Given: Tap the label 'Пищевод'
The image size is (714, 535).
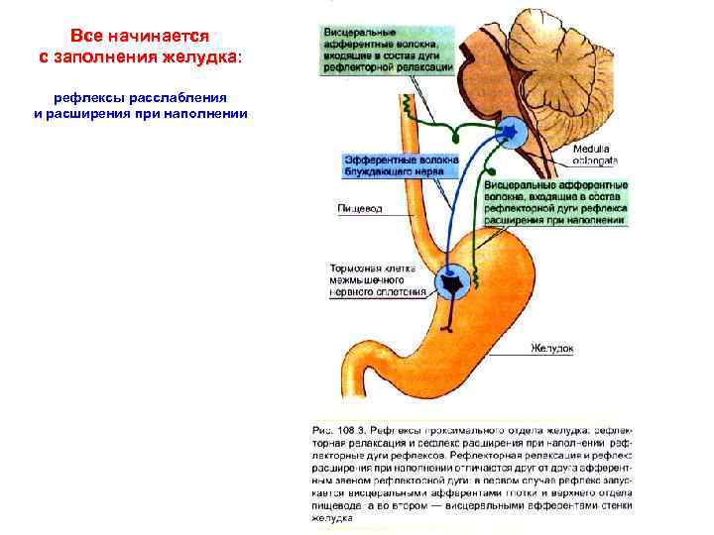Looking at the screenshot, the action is pyautogui.click(x=359, y=208).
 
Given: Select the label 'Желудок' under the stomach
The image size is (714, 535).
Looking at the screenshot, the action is pyautogui.click(x=551, y=349).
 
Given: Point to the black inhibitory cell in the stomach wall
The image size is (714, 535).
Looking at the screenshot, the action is pyautogui.click(x=453, y=285).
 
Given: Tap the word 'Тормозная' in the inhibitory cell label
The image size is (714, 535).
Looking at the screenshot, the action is pyautogui.click(x=359, y=268).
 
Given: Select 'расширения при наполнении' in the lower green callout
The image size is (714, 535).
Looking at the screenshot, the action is pyautogui.click(x=556, y=221).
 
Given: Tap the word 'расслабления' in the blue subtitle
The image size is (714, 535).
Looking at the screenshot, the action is pyautogui.click(x=170, y=98).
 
